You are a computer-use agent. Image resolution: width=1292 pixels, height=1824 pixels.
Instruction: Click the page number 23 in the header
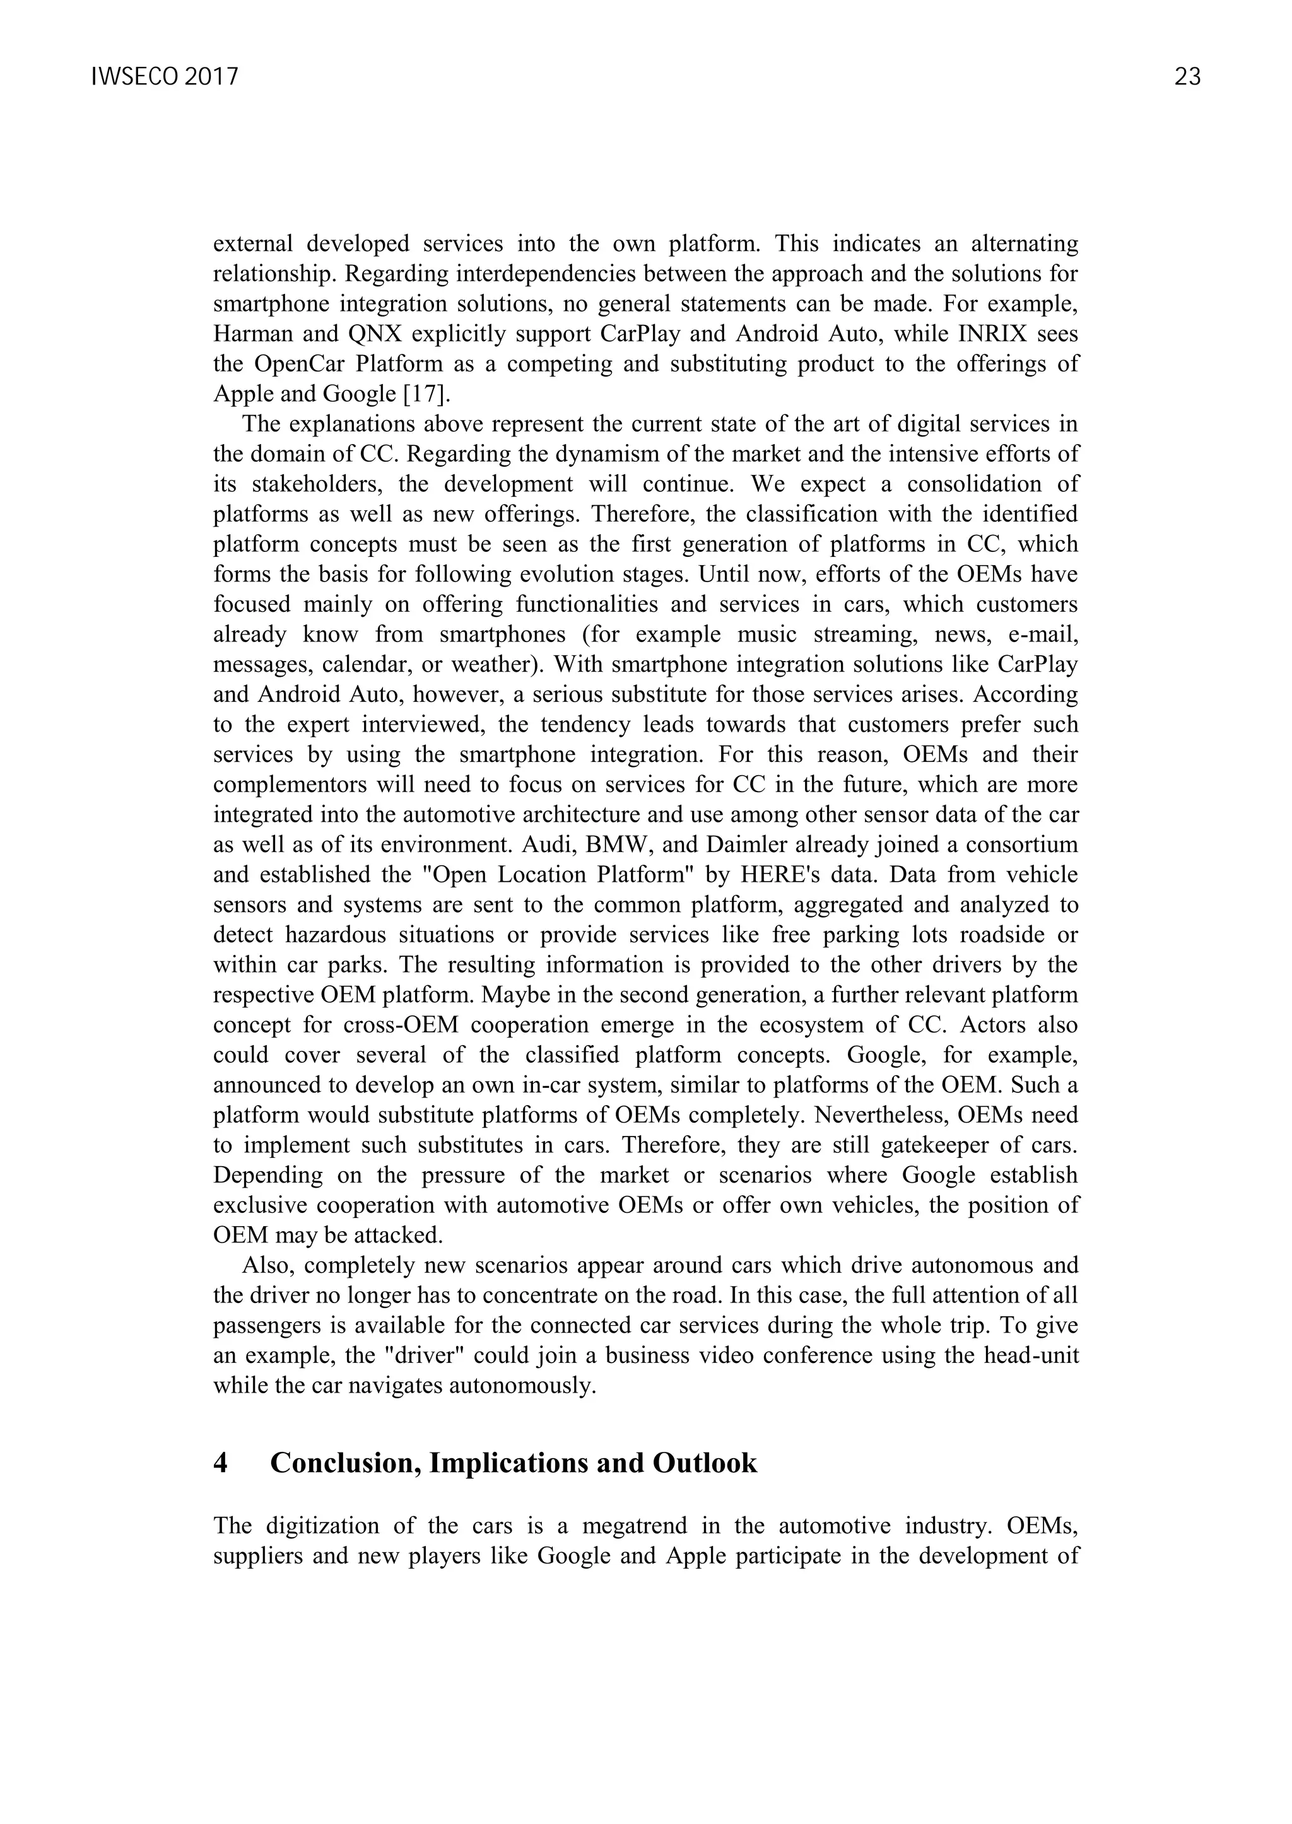click(1187, 77)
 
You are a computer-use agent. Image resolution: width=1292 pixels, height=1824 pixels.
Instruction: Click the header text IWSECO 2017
click(165, 77)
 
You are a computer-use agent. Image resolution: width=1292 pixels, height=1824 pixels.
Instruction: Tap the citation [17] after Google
click(426, 394)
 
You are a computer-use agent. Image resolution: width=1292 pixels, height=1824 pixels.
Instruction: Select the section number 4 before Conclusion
click(221, 1463)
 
